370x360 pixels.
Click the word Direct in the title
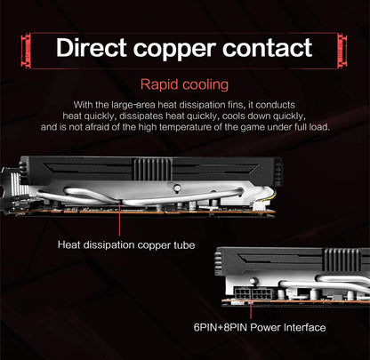pos(92,47)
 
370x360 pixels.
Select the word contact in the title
pos(268,48)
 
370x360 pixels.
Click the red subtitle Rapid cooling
pos(184,84)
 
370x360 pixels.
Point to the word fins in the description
pos(237,105)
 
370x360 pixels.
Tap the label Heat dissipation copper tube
pos(126,245)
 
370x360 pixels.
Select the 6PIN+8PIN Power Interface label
pos(260,327)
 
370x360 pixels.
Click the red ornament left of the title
pos(27,51)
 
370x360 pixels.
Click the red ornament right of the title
pos(342,51)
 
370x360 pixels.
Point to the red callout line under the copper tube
pos(119,220)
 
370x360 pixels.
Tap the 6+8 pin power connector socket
pos(253,293)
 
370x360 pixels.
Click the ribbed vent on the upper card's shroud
pos(152,169)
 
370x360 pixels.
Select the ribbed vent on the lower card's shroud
pos(342,260)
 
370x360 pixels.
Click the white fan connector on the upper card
pos(262,204)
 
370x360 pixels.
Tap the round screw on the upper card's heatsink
pos(177,188)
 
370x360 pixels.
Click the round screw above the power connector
pos(253,281)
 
